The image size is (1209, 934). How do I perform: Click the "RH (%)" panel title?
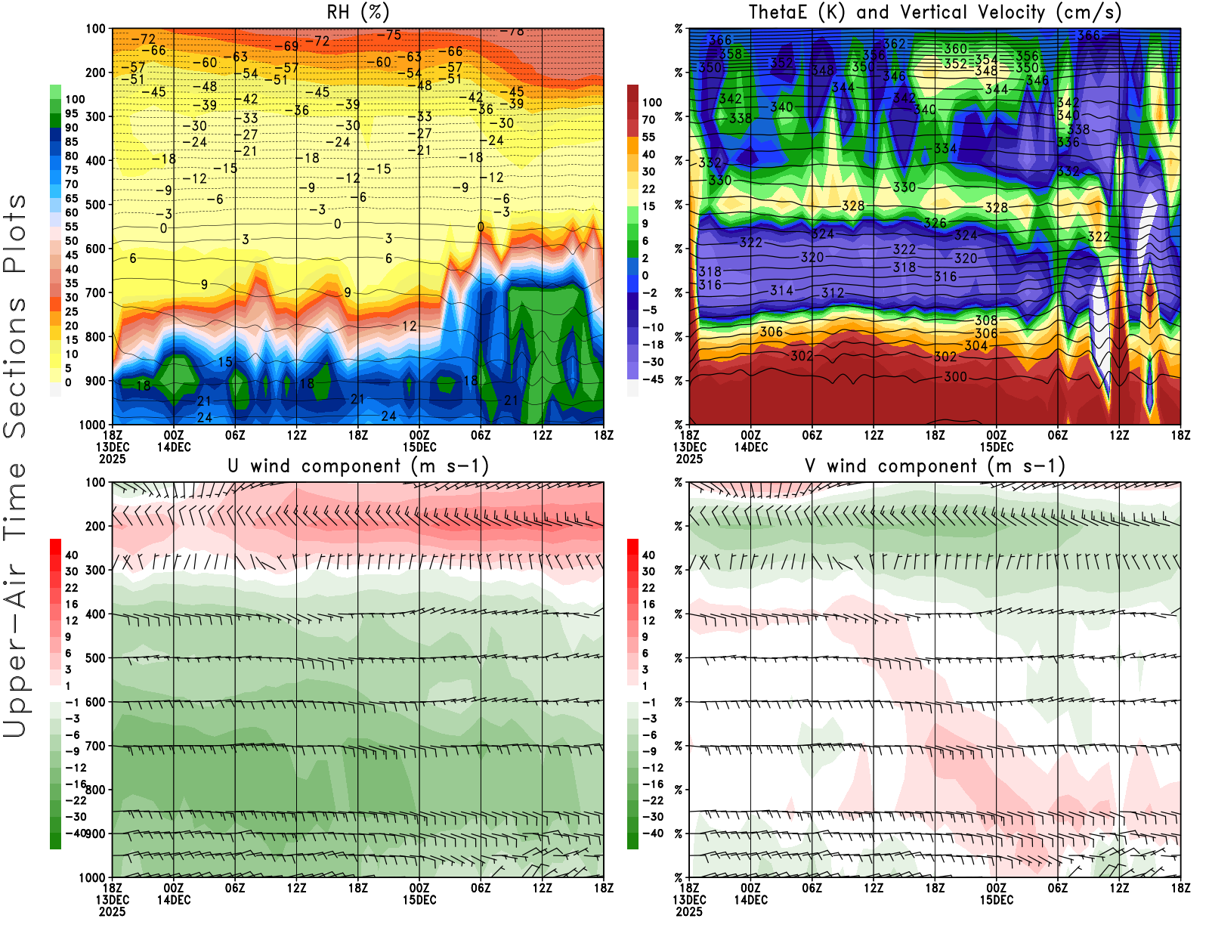coord(358,13)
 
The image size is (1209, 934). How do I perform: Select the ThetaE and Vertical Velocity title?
coord(935,13)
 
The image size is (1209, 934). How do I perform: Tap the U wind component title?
coord(358,466)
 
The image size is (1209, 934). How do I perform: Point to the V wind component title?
coord(935,466)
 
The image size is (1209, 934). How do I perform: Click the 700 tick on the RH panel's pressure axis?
coord(96,292)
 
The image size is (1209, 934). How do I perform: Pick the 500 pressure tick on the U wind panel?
coord(96,658)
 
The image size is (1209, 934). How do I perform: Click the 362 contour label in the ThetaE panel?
coord(894,45)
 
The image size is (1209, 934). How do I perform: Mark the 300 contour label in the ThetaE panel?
coord(955,376)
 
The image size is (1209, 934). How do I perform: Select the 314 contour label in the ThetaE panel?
coord(781,290)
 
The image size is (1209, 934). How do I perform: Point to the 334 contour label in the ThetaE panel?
coord(945,149)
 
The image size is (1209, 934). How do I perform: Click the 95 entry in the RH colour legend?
coord(72,113)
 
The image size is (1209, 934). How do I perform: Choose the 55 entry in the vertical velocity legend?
coord(648,137)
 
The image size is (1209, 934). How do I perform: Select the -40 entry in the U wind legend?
coord(76,833)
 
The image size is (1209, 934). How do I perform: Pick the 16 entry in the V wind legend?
coord(648,604)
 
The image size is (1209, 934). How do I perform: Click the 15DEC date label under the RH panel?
coord(419,447)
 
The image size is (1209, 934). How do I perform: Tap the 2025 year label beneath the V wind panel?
coord(689,911)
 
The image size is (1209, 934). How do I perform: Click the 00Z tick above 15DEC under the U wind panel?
coord(419,888)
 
